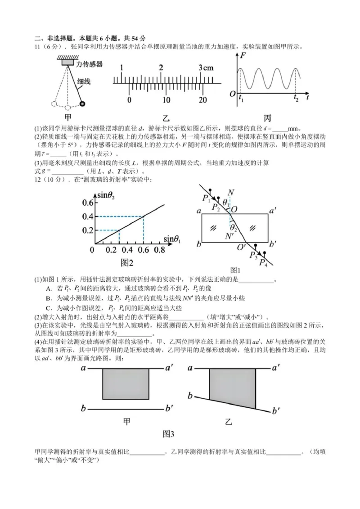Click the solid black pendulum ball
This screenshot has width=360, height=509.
pyautogui.click(x=82, y=104)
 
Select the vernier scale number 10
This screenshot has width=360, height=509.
pyautogui.click(x=166, y=99)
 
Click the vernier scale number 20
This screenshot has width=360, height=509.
pyautogui.click(x=203, y=99)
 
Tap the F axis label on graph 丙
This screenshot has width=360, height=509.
pyautogui.click(x=243, y=56)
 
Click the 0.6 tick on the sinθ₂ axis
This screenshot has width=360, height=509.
pyautogui.click(x=87, y=203)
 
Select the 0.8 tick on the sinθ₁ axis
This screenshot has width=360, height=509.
pyautogui.click(x=160, y=250)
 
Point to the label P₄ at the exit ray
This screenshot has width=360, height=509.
pyautogui.click(x=263, y=263)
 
